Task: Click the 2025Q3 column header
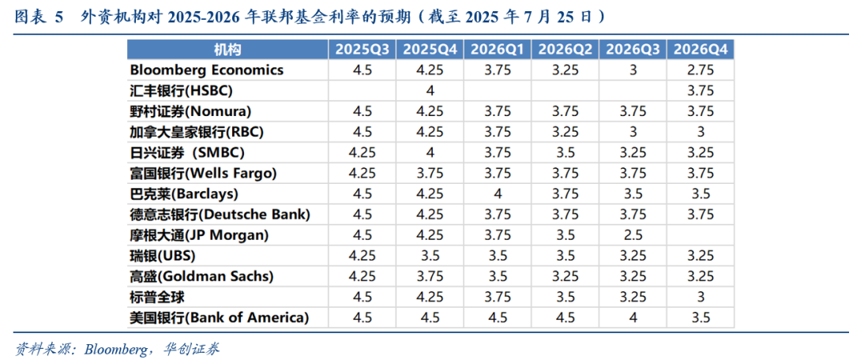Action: tap(363, 50)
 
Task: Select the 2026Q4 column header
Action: tap(701, 50)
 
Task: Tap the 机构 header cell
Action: tap(227, 50)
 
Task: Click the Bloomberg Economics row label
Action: tap(207, 70)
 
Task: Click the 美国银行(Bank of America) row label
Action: tap(220, 318)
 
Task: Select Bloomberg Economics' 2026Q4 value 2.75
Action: tap(701, 70)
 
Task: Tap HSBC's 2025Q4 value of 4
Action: tap(430, 91)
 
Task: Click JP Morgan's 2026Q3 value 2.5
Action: tap(633, 235)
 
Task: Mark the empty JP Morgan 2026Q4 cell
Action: tap(701, 235)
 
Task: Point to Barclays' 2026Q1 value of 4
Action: tap(498, 194)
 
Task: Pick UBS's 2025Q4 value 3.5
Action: tap(430, 256)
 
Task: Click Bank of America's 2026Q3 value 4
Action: tap(633, 318)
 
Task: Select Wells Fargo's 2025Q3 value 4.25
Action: tap(363, 174)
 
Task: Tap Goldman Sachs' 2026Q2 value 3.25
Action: tap(566, 277)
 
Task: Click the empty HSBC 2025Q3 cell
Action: tap(363, 91)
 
